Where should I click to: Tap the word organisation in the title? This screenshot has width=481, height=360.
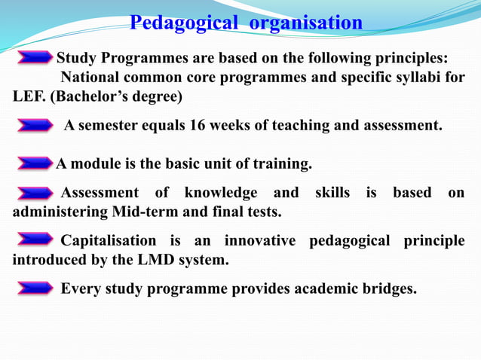[305, 23]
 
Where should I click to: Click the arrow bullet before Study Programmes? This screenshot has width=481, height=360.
[34, 58]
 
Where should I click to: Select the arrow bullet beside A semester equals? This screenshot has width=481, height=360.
[34, 126]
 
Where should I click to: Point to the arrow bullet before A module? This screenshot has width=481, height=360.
[34, 163]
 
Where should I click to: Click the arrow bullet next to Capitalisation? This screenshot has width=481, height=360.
[34, 241]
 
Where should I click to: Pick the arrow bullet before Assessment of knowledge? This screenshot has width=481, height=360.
[34, 194]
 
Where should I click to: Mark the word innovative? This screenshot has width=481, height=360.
[258, 241]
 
